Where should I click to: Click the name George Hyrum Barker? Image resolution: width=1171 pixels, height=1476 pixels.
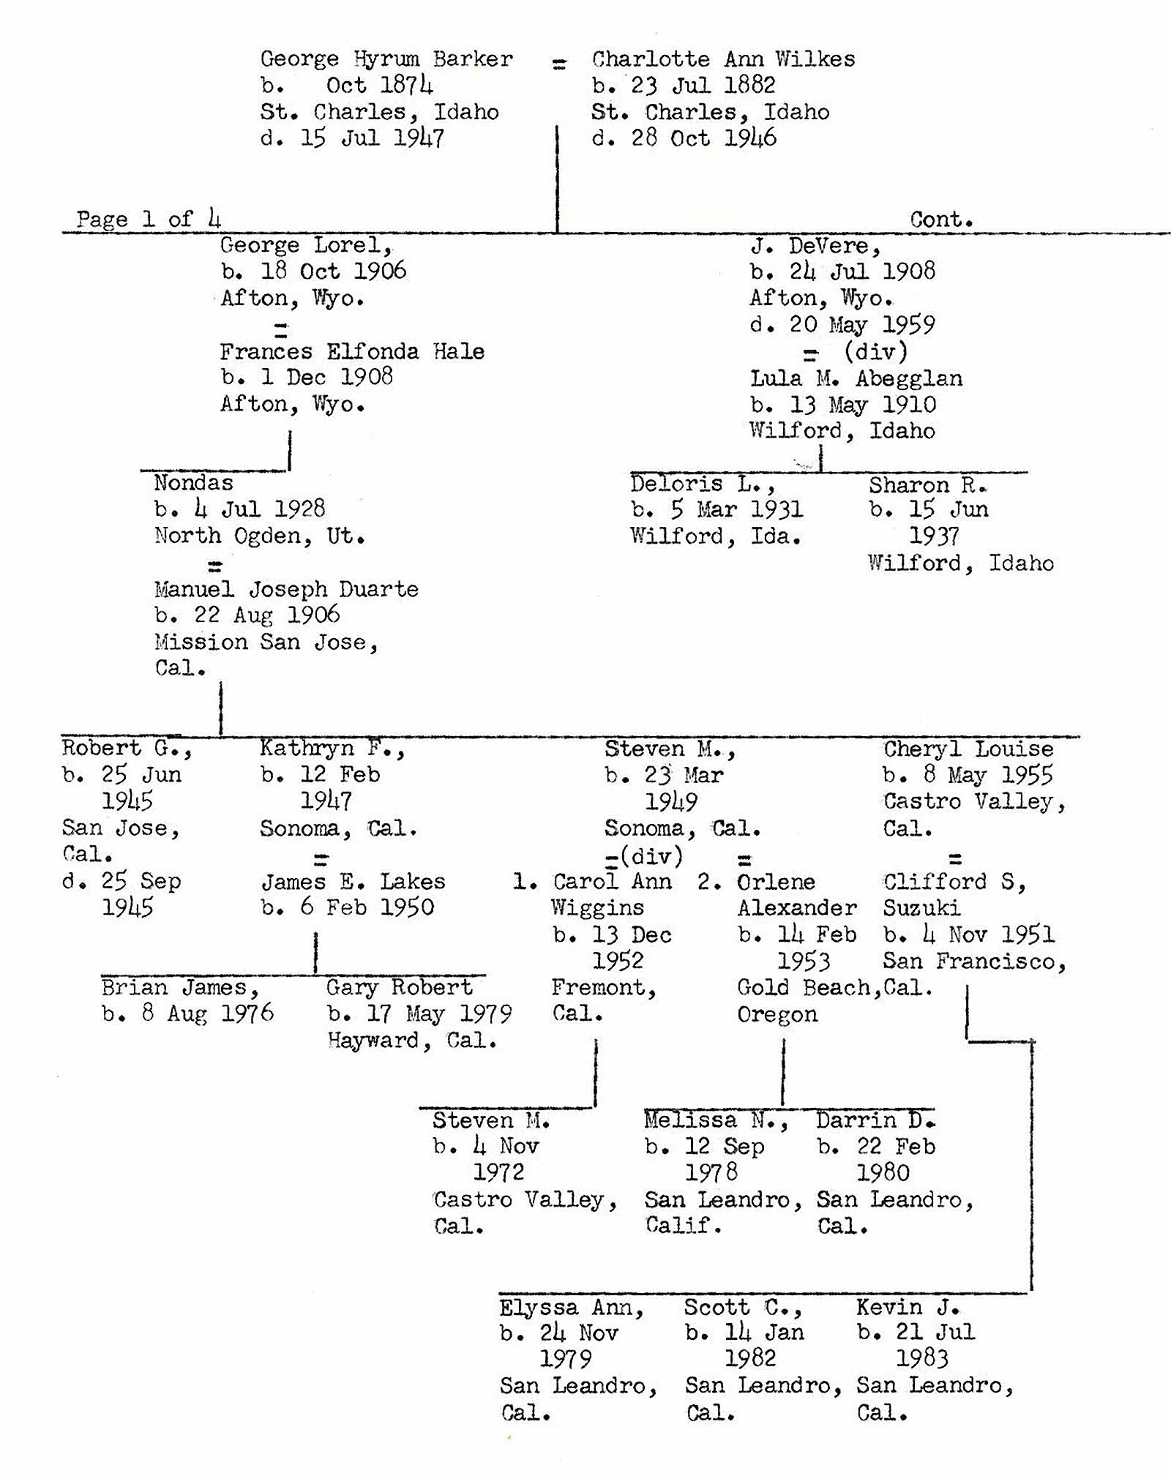tap(386, 59)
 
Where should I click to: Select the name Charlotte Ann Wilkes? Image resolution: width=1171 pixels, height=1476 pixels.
tap(723, 59)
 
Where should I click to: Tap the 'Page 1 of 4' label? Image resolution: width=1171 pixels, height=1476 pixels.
tap(149, 219)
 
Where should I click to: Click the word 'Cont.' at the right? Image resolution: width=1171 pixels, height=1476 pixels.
tap(941, 219)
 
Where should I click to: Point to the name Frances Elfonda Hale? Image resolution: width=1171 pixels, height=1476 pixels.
tap(352, 351)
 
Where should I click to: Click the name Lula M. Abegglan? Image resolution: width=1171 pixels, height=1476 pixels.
tap(856, 378)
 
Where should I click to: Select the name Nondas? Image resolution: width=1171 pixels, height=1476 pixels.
tap(194, 483)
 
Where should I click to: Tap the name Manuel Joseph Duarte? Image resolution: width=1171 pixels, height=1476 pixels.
tap(286, 589)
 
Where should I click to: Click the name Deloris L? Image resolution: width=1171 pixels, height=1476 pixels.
tap(702, 484)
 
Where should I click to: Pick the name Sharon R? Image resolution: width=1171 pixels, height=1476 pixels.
tap(928, 484)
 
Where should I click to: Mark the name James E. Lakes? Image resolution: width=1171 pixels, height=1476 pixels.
tap(353, 881)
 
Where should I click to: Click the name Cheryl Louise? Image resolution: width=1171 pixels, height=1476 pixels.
tap(968, 749)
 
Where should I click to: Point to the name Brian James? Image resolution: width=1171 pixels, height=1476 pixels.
tap(180, 988)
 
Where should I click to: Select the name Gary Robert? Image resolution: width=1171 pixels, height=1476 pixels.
tap(400, 988)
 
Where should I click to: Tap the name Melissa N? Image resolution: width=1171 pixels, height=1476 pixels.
tap(716, 1120)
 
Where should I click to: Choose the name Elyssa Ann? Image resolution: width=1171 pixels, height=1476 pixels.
tap(572, 1307)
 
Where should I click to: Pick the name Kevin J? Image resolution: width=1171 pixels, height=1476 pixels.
tap(908, 1307)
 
